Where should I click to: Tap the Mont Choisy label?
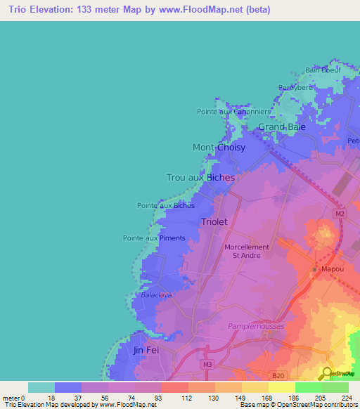(219, 148)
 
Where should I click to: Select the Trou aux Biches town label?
(200, 178)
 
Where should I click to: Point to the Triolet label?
(214, 221)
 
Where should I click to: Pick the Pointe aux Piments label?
(154, 238)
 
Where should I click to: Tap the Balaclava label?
(156, 295)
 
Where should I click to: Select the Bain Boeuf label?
(323, 70)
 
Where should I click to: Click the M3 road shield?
(207, 364)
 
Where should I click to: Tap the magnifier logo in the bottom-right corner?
(327, 373)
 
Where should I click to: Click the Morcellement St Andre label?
(246, 251)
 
